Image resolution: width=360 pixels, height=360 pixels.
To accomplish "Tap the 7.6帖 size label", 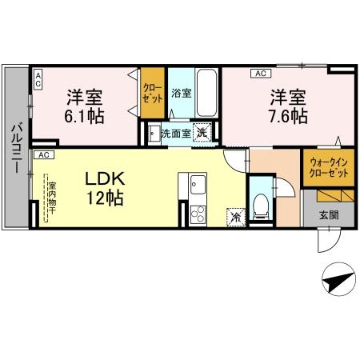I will pyautogui.click(x=288, y=117).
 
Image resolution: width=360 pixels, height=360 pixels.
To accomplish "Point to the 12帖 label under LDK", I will pyautogui.click(x=105, y=198).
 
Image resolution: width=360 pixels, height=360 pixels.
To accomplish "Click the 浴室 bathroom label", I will pyautogui.click(x=182, y=93).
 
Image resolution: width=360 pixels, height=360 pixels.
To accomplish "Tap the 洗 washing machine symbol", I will pyautogui.click(x=203, y=134).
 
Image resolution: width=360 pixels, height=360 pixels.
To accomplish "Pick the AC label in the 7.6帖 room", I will pyautogui.click(x=260, y=74).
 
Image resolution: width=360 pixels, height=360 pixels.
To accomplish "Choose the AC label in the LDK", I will pyautogui.click(x=44, y=154).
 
